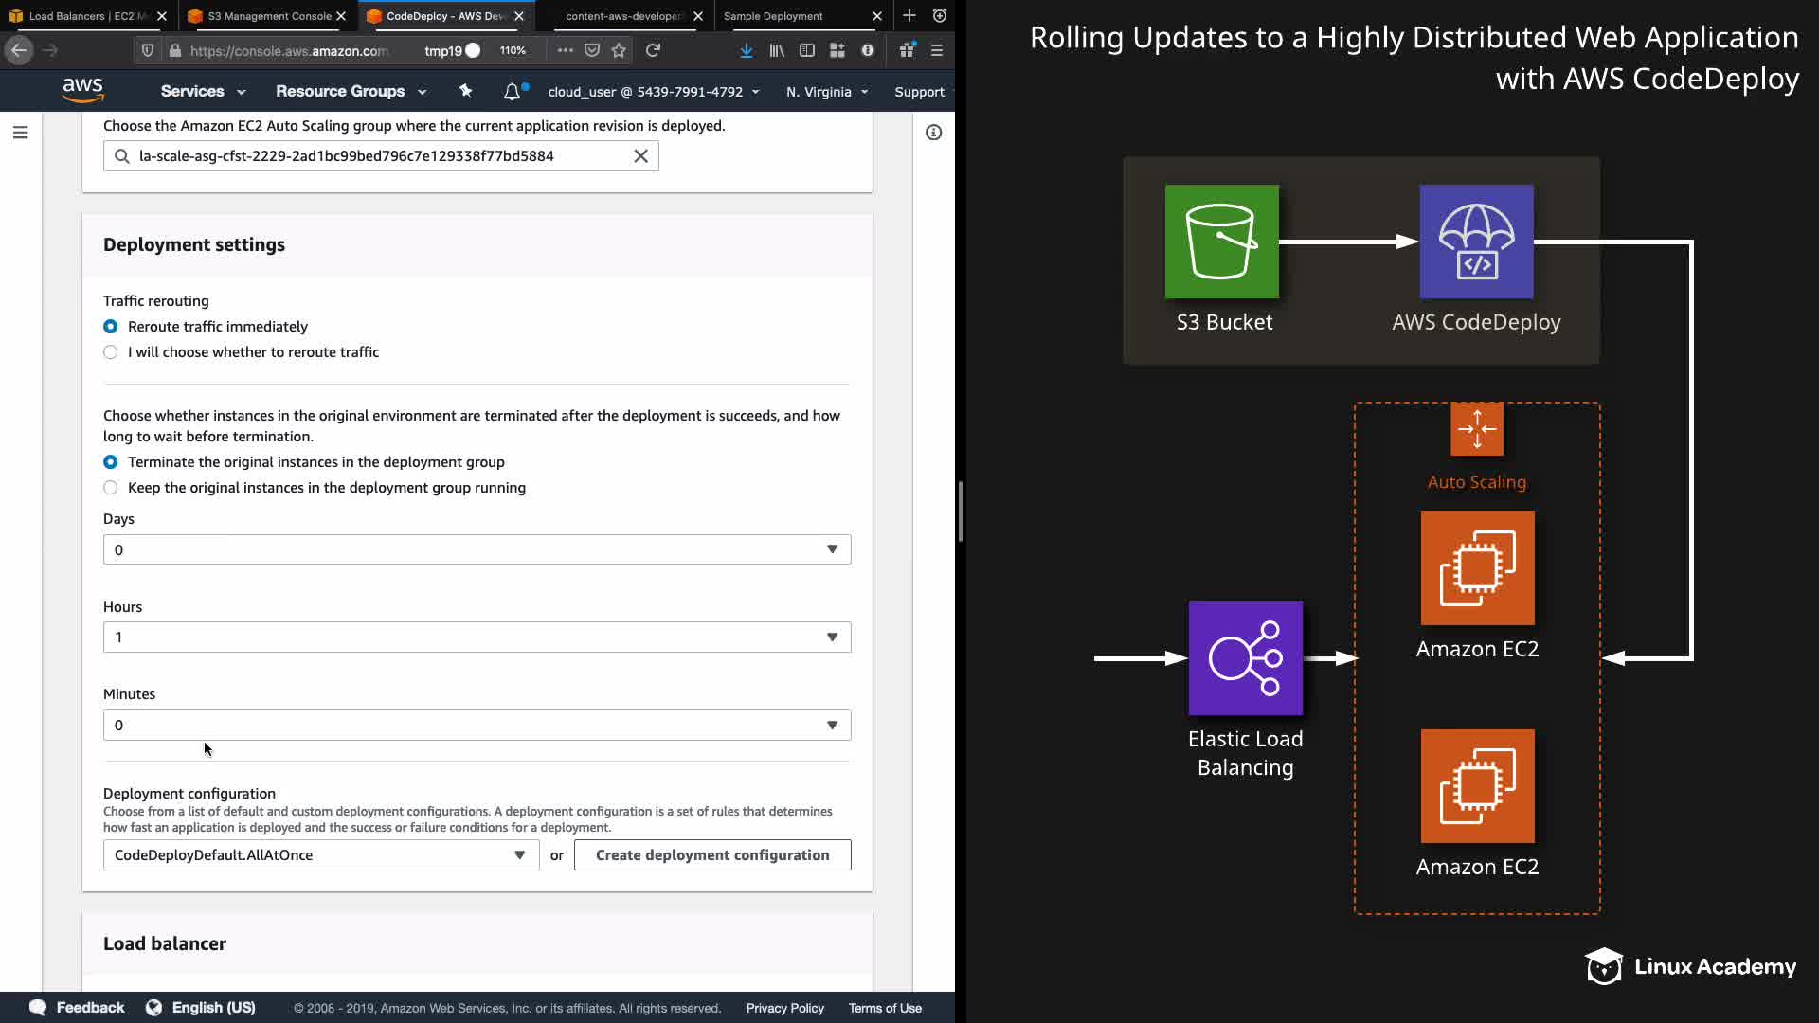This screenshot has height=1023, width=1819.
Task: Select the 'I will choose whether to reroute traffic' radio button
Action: pyautogui.click(x=111, y=352)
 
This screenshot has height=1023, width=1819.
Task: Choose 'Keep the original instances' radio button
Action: pyautogui.click(x=111, y=488)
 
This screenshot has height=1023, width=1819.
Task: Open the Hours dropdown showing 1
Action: pyautogui.click(x=477, y=637)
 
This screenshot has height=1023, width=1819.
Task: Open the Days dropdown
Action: pyautogui.click(x=477, y=549)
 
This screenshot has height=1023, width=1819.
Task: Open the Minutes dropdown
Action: pyautogui.click(x=477, y=726)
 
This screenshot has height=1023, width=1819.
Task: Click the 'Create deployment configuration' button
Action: pyautogui.click(x=712, y=855)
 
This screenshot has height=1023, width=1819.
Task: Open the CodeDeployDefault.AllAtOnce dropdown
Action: pyautogui.click(x=320, y=855)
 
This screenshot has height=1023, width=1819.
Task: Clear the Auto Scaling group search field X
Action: pyautogui.click(x=640, y=156)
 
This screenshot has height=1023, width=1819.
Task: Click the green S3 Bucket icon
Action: pyautogui.click(x=1221, y=242)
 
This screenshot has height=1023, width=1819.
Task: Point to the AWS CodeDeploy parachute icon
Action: pyautogui.click(x=1476, y=242)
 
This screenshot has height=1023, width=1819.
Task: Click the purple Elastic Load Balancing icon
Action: pyautogui.click(x=1245, y=658)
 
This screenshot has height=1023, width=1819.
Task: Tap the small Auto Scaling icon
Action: pyautogui.click(x=1476, y=429)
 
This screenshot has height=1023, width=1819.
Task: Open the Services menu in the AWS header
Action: pyautogui.click(x=203, y=92)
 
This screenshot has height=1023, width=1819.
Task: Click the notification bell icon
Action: pyautogui.click(x=512, y=92)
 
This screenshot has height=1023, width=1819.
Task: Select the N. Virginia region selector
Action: pyautogui.click(x=826, y=92)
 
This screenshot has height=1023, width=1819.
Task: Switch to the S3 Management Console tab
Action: pyautogui.click(x=269, y=16)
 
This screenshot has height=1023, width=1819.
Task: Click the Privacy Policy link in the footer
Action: pyautogui.click(x=784, y=1008)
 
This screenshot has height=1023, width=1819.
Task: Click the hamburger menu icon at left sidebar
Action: pyautogui.click(x=21, y=133)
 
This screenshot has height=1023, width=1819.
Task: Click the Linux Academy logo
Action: pyautogui.click(x=1689, y=966)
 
